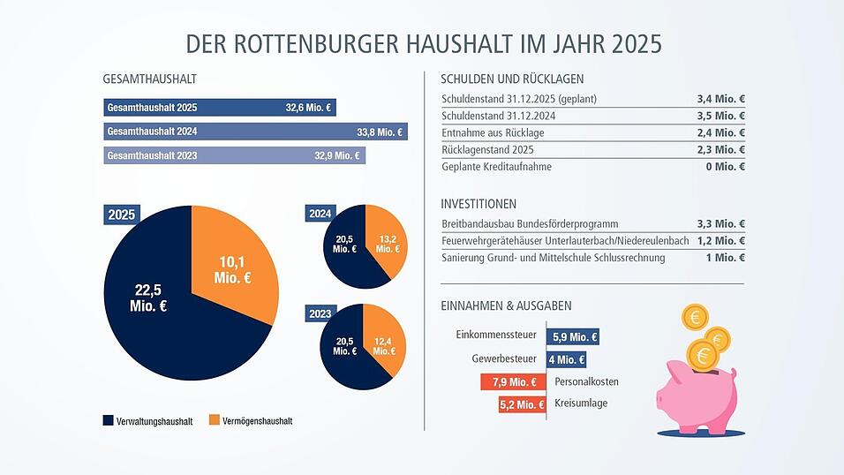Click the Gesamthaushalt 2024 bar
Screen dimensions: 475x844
click(x=254, y=132)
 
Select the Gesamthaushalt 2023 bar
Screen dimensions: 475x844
click(x=234, y=156)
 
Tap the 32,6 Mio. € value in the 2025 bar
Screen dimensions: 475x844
click(x=307, y=109)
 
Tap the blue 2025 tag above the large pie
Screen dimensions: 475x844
click(x=122, y=215)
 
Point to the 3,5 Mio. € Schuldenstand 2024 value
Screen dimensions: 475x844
click(x=720, y=116)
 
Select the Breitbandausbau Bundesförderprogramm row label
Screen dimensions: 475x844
click(x=530, y=224)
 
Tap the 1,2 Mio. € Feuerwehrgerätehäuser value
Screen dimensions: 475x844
click(x=720, y=241)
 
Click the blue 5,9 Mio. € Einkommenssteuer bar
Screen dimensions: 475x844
click(x=574, y=336)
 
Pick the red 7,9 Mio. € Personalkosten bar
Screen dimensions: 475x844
click(x=509, y=382)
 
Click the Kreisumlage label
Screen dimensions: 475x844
click(x=581, y=403)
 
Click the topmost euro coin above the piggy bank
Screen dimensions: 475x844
click(x=694, y=317)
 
